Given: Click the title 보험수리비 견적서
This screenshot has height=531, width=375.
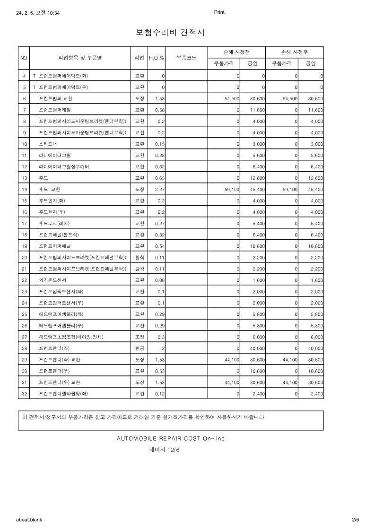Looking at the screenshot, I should [170, 33].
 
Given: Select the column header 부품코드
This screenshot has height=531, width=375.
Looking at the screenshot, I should [186, 58].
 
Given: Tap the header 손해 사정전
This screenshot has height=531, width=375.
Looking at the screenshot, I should [236, 52].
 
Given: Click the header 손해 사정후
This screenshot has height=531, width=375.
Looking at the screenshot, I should [295, 52].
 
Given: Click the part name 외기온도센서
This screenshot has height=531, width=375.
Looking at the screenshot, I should [52, 280].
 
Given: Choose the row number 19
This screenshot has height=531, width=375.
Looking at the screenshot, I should [24, 246].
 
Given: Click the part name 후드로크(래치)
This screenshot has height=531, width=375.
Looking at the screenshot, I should [54, 223].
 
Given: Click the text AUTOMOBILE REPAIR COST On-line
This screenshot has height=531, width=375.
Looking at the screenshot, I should [171, 438].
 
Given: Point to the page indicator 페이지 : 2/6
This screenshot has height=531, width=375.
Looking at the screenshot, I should [164, 450].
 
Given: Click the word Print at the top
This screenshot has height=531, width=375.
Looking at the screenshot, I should [219, 12].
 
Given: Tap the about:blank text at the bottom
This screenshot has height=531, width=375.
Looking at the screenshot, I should [29, 519].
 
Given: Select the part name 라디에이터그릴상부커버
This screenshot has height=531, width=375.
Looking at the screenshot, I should [64, 166].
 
